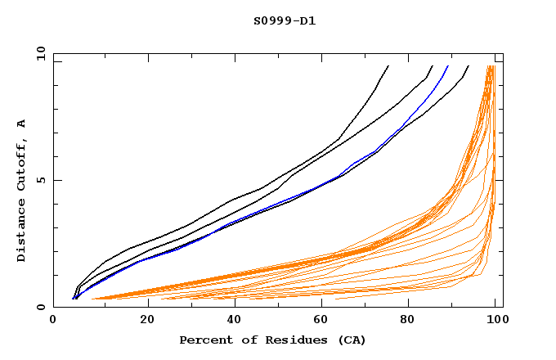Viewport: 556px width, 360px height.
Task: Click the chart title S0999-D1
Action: [x=284, y=20]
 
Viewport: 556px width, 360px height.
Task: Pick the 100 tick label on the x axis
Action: [x=496, y=322]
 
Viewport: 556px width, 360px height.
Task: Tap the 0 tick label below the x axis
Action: [x=53, y=322]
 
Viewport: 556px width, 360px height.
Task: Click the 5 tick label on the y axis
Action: [x=40, y=180]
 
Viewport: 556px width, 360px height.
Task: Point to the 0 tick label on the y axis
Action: [x=40, y=307]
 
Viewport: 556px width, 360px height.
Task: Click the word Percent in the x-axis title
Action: [x=204, y=340]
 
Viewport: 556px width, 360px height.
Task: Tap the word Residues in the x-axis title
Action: [x=289, y=340]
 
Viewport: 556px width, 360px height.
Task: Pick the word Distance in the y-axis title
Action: [x=22, y=235]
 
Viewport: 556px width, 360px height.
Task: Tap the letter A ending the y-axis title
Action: [x=22, y=124]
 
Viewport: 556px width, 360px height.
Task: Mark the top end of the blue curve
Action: [x=448, y=66]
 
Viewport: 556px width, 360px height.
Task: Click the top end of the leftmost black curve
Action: [x=388, y=66]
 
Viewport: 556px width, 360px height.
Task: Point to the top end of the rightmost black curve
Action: [x=469, y=66]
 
